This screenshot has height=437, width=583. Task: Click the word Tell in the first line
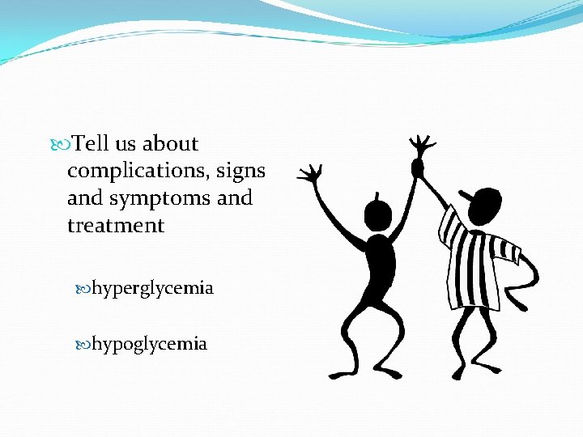[x=91, y=144]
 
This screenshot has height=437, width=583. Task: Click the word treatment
[x=116, y=225]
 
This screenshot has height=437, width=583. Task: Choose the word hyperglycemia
[x=152, y=288]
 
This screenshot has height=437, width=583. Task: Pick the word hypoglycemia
[x=149, y=344]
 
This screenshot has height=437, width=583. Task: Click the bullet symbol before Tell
[x=64, y=145]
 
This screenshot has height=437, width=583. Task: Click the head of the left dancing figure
[x=377, y=214]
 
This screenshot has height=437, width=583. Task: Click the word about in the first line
[x=170, y=144]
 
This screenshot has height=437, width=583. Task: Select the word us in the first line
[x=126, y=145]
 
